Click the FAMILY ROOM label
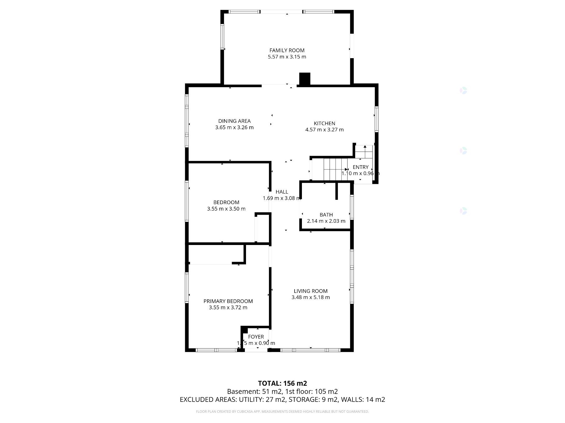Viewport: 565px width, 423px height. pos(287,51)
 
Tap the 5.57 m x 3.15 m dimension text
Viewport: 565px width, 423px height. pos(287,57)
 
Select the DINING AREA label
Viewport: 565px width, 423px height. pos(234,121)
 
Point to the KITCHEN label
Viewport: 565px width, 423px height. pos(324,123)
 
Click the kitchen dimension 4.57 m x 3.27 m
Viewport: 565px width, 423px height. pos(324,130)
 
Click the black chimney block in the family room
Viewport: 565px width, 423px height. pos(305,79)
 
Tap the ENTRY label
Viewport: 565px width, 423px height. pos(360,167)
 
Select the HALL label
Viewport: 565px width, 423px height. pos(282,192)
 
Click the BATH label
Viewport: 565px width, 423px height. pos(326,215)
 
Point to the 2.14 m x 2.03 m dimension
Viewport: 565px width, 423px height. pos(326,221)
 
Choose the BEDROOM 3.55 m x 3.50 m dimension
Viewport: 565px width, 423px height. pos(226,209)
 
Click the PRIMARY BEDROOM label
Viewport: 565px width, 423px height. pos(228,301)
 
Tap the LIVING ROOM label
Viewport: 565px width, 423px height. pos(310,291)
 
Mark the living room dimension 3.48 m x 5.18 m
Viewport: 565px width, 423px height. pos(310,298)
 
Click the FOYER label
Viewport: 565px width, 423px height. pos(256,337)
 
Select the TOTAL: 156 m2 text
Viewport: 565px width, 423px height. pos(282,383)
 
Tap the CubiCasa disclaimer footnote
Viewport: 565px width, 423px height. pos(282,412)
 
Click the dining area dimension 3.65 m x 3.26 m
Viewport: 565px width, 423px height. pos(234,127)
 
